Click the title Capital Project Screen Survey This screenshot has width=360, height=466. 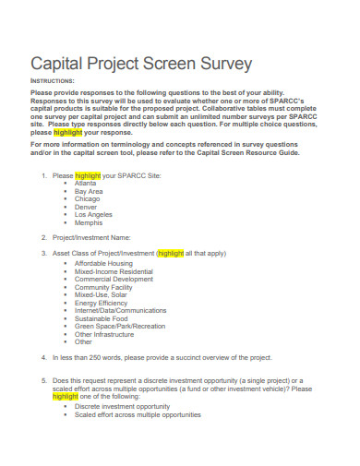pos(140,66)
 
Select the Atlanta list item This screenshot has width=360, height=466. pos(86,157)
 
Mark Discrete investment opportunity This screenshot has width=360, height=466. pos(122,406)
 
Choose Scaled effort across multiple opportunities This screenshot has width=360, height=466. pos(137,414)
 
